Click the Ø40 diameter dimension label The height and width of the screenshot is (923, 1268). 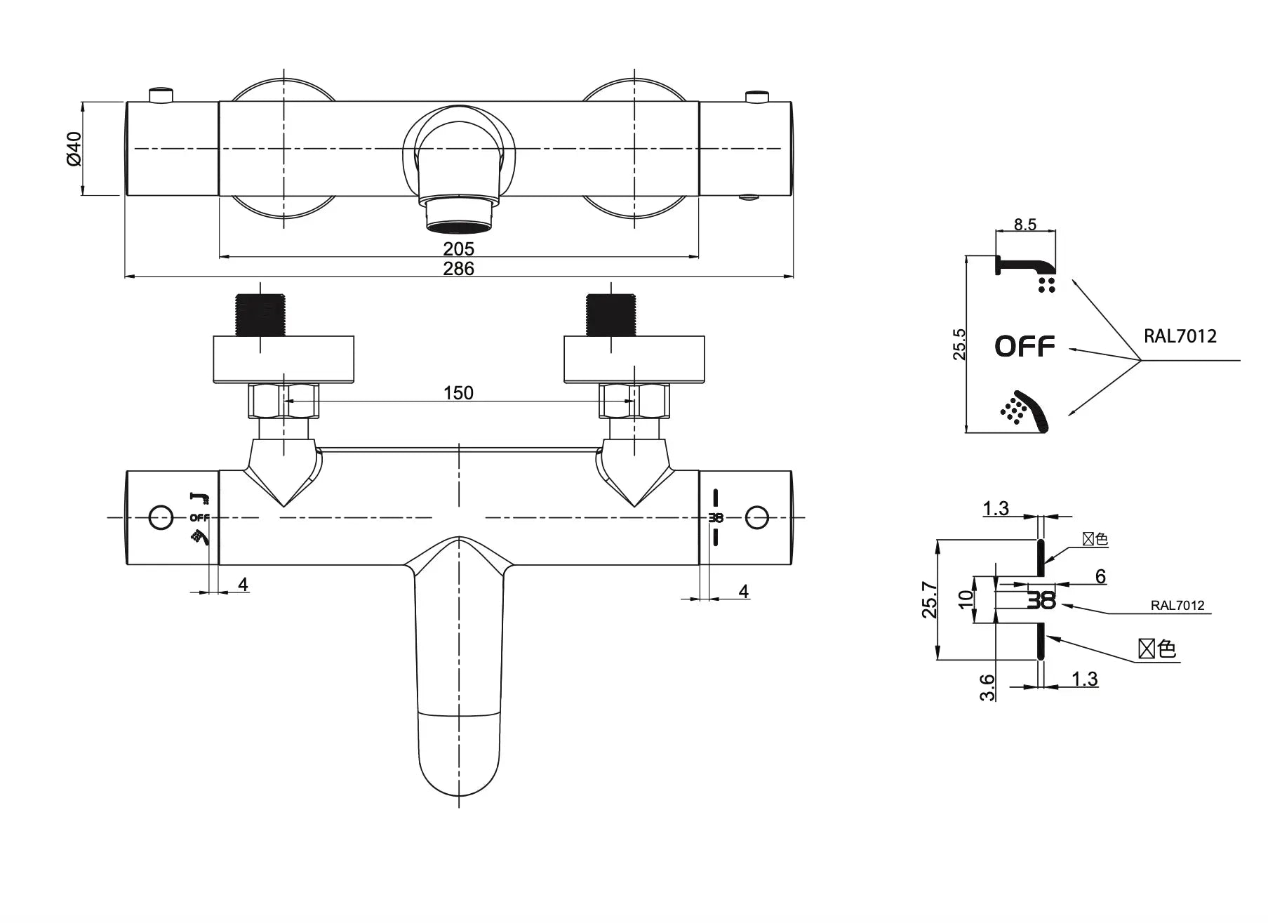point(74,148)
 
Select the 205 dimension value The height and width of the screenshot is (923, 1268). point(458,249)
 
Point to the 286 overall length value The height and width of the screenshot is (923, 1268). point(458,269)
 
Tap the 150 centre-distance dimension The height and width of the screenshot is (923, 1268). point(458,393)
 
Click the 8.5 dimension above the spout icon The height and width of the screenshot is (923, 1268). point(1025,225)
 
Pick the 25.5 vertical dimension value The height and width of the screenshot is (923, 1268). point(959,345)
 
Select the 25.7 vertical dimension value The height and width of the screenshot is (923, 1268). point(929,599)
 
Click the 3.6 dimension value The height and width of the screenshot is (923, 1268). point(987,687)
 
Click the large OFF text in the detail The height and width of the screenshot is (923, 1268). point(1025,346)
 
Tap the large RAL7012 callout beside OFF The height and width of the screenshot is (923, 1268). point(1180,336)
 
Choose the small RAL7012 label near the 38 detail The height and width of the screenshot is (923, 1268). point(1177,606)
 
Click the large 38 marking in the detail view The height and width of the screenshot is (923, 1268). point(1041,600)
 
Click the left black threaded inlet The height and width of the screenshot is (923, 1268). point(260,314)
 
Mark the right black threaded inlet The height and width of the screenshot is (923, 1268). point(610,314)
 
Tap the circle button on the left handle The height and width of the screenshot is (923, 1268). point(161,518)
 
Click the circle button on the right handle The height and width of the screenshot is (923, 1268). point(757,518)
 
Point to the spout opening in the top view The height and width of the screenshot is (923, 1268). point(459,226)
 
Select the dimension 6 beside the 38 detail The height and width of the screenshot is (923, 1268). point(1100,576)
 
